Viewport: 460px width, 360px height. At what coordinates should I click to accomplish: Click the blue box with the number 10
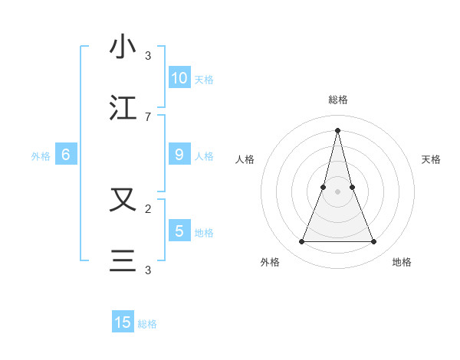point(179,78)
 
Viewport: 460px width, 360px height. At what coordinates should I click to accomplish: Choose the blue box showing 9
point(179,155)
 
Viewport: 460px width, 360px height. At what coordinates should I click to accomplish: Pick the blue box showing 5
point(179,231)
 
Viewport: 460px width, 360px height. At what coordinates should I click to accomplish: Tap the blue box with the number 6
point(66,155)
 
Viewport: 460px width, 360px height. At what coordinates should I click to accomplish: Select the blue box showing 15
point(123,322)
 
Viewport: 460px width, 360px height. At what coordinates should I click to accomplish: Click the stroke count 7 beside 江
point(148,116)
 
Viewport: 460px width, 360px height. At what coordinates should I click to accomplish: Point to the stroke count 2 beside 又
point(148,208)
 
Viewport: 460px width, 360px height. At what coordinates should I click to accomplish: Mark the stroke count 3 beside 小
point(148,56)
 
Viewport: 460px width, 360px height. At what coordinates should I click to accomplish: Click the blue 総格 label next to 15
point(147,324)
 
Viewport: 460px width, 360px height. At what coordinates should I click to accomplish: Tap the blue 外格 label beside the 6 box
point(41,156)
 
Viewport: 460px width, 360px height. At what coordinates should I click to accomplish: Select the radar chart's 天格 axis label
point(432,159)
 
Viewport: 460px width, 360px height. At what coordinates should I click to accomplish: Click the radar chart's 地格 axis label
point(402,262)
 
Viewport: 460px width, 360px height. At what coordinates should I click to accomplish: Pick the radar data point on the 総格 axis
point(337,130)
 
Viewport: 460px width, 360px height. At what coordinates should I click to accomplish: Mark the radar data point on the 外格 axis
point(301,242)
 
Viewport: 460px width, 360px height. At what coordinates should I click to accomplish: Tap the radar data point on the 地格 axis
point(374,242)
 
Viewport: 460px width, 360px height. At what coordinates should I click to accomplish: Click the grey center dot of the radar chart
point(337,192)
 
